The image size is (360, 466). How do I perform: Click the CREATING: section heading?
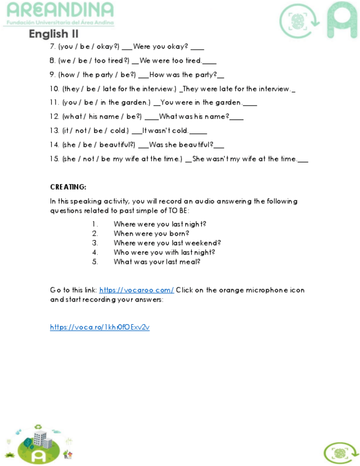(68, 187)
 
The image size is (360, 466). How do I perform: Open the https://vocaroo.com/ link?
(136, 290)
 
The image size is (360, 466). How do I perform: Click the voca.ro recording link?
(99, 327)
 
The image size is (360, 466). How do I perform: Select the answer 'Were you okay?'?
(160, 47)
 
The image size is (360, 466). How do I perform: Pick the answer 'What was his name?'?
(194, 116)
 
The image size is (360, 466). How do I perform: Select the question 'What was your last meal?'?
(157, 261)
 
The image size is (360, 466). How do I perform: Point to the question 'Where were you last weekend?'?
(167, 242)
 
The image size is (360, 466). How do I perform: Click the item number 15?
(54, 159)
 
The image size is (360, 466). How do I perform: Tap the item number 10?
(54, 88)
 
